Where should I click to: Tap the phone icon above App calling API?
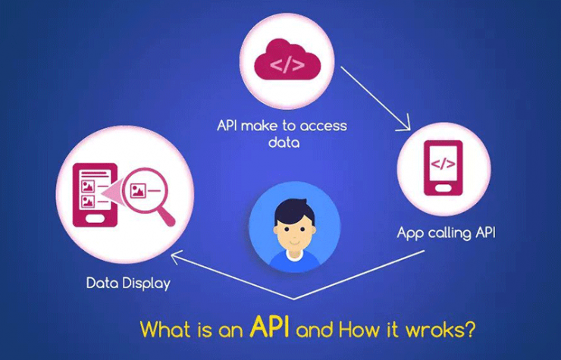pyautogui.click(x=443, y=170)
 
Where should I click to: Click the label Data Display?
pyautogui.click(x=128, y=284)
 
